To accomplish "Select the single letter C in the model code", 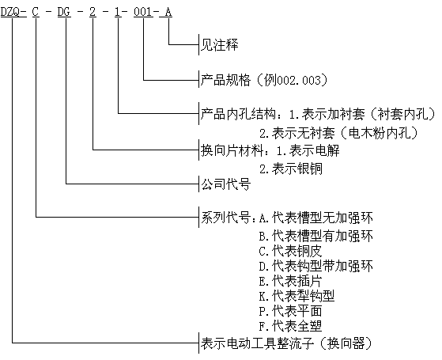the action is (36, 12).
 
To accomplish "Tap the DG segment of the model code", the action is (64, 12).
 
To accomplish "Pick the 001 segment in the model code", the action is (143, 12).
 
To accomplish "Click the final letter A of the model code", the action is (168, 12).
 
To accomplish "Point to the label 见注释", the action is (219, 45).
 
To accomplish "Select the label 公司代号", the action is (225, 184).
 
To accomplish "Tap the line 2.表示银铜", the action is (291, 169).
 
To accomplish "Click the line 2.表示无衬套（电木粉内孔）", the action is (338, 133).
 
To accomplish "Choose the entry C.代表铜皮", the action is (290, 251).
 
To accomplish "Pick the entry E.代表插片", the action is (290, 281).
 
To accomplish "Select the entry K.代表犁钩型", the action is (297, 296).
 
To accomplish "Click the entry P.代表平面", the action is (290, 312).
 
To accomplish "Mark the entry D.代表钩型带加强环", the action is (316, 266).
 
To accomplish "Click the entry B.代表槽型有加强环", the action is (316, 236).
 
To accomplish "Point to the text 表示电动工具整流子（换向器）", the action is (286, 343).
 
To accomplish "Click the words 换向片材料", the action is (232, 150).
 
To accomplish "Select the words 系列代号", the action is (225, 218).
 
